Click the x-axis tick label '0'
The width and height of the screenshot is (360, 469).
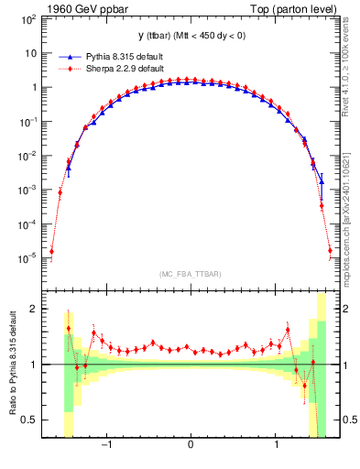pyautogui.click(x=190, y=445)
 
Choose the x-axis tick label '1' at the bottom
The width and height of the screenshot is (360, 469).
pyautogui.click(x=277, y=445)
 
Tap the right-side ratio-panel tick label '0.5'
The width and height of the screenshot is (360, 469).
pyautogui.click(x=346, y=420)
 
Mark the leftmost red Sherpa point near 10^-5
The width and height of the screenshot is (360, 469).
pyautogui.click(x=51, y=251)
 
